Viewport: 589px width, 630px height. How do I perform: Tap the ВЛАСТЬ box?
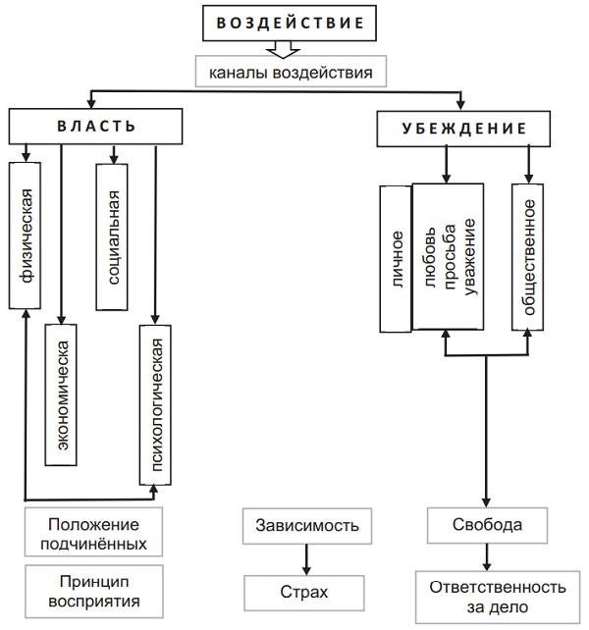(95, 127)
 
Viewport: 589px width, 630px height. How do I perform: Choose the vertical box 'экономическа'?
(62, 394)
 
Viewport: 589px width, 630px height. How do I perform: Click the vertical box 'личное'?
(397, 258)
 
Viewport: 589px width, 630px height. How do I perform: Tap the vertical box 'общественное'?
(527, 256)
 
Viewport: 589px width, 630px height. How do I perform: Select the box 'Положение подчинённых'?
(93, 532)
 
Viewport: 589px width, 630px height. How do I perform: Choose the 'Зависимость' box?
(307, 525)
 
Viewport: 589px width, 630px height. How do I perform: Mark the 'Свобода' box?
(486, 525)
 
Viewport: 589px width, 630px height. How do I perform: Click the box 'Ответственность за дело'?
(497, 597)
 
